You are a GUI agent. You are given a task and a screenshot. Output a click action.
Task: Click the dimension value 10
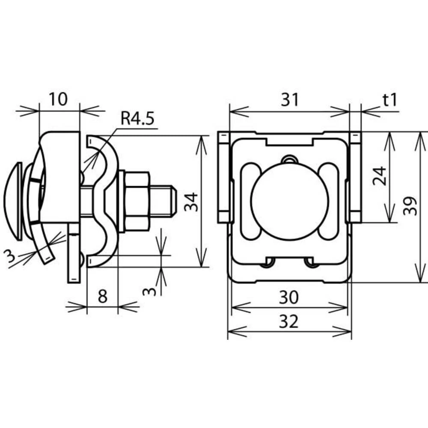(59, 99)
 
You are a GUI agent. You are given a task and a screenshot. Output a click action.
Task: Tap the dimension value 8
(102, 297)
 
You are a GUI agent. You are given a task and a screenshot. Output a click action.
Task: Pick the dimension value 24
(380, 175)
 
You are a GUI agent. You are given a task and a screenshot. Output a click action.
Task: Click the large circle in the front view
(290, 202)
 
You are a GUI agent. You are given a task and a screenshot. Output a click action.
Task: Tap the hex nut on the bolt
(137, 201)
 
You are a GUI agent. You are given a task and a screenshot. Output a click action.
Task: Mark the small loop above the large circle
(290, 159)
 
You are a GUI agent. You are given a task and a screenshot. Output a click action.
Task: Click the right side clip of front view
(355, 178)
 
